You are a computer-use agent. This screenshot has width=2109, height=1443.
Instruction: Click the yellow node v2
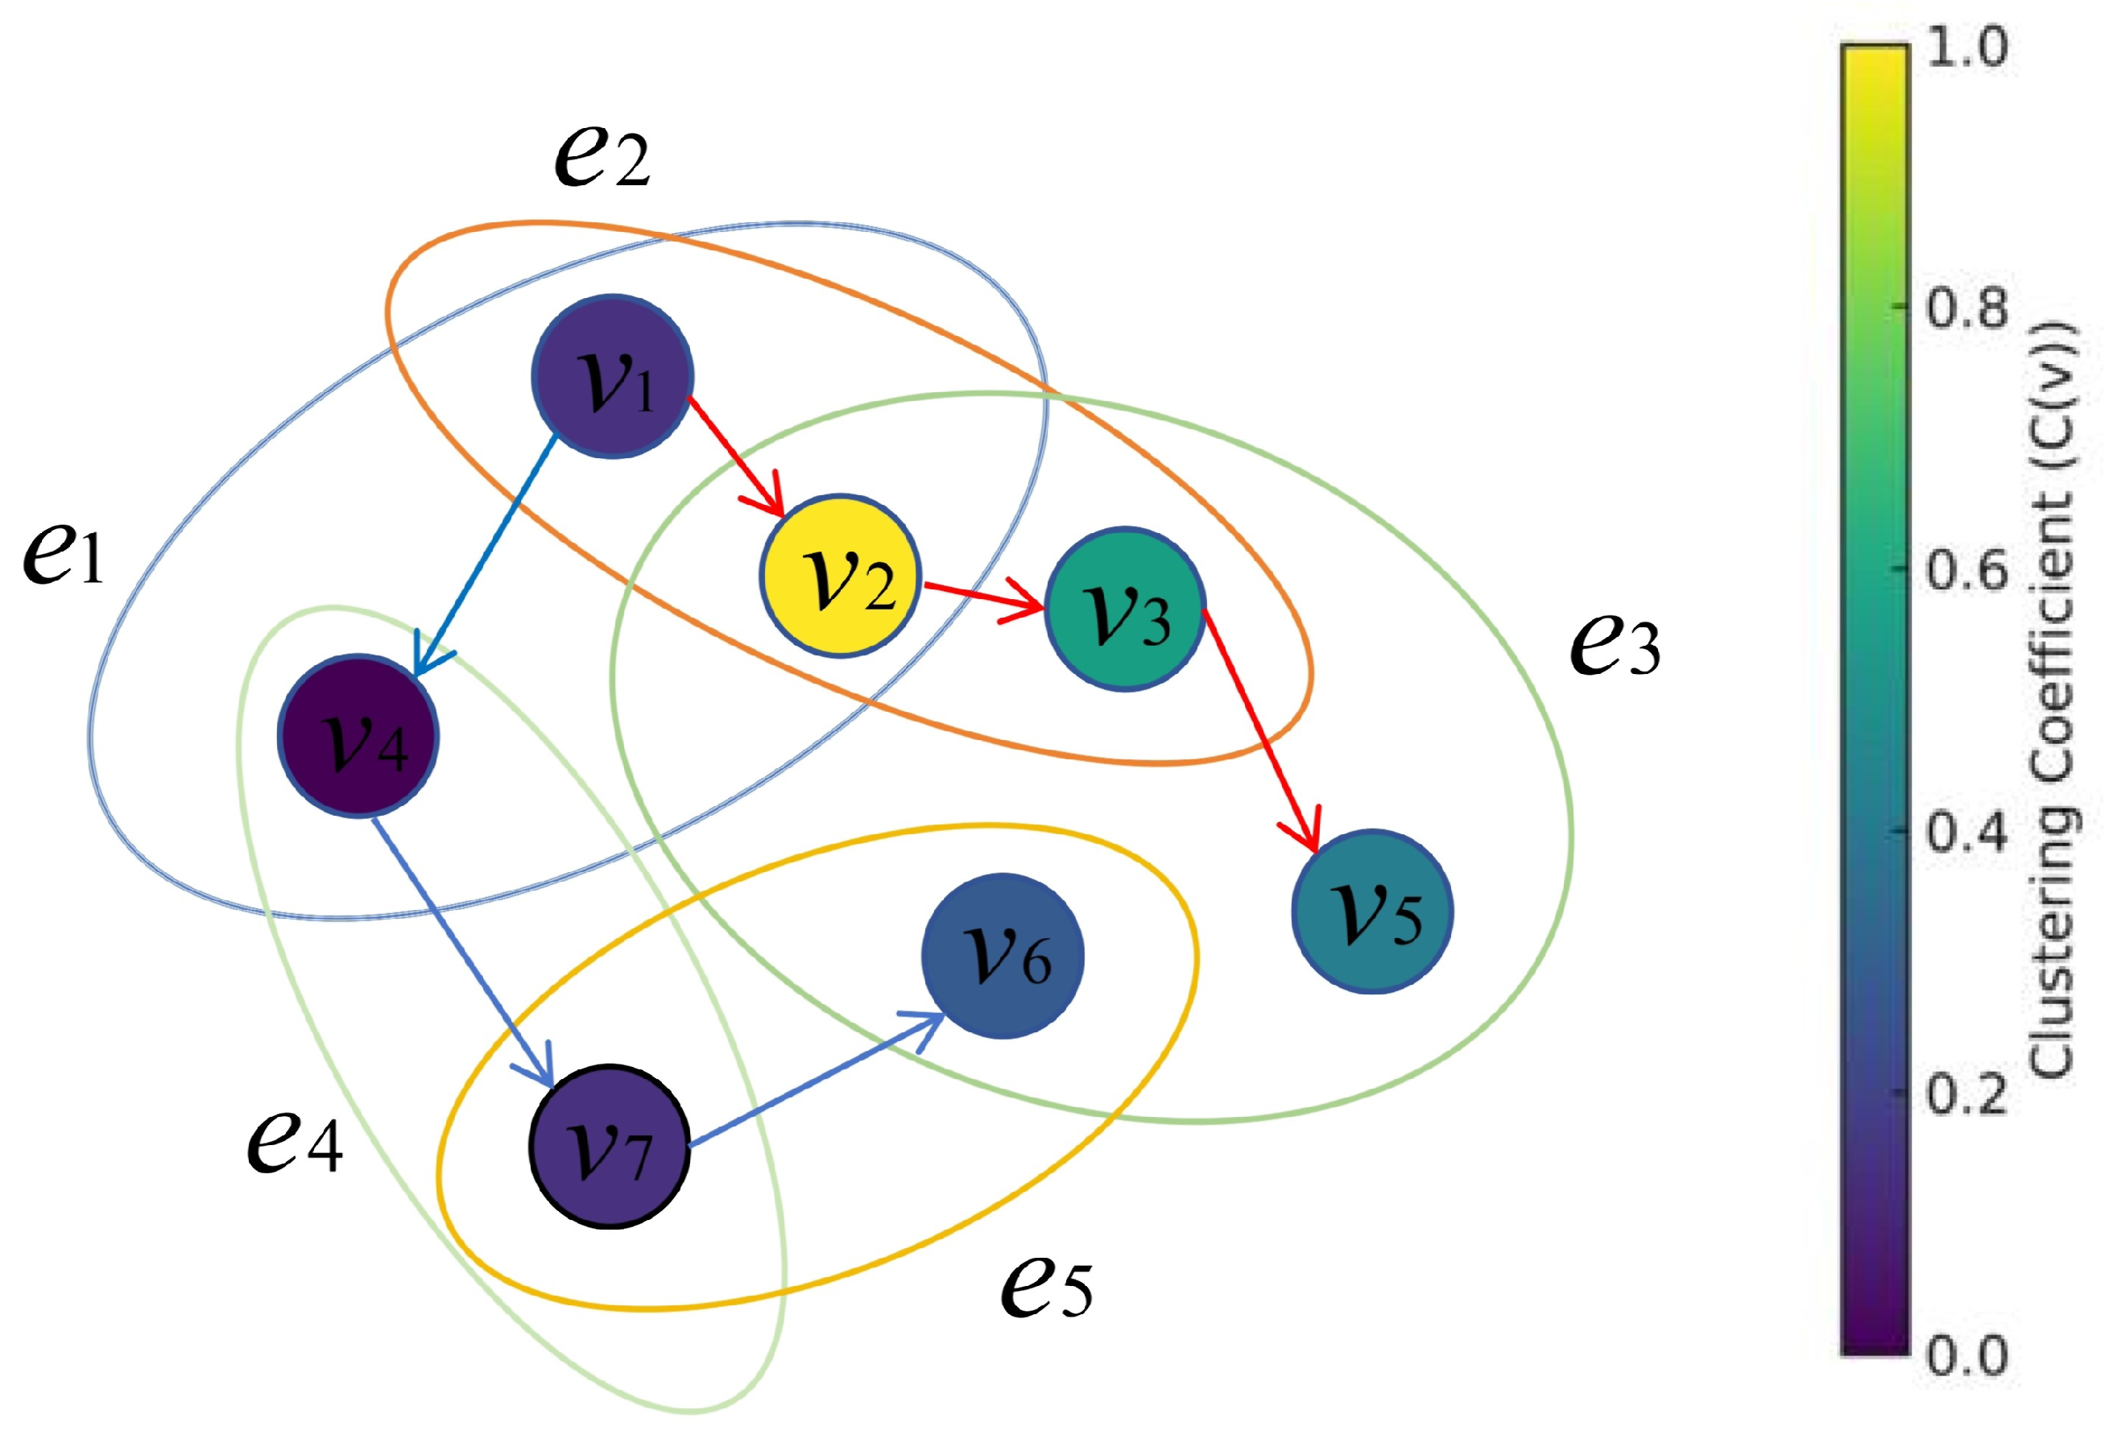pos(841,576)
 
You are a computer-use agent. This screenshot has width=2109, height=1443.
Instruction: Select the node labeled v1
pos(613,376)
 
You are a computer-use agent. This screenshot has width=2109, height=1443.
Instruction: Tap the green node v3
pos(1125,608)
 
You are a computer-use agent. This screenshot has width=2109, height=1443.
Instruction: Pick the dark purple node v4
pos(358,735)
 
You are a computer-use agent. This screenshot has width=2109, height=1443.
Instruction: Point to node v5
pos(1372,912)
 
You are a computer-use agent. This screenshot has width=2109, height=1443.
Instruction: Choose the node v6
pos(1003,956)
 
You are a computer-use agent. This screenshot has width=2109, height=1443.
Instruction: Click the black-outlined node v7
pos(609,1146)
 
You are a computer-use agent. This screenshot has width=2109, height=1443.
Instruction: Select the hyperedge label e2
pos(602,156)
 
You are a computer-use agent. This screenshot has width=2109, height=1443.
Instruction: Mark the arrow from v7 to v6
pos(817,1080)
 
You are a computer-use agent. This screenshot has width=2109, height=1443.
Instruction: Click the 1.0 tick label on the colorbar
pos(1966,48)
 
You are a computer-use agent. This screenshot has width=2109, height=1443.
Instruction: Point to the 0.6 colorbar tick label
pos(1966,570)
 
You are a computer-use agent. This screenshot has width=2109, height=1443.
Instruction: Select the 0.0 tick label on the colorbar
pos(1966,1355)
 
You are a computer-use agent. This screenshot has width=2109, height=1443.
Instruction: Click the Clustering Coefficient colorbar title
pos(2053,699)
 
